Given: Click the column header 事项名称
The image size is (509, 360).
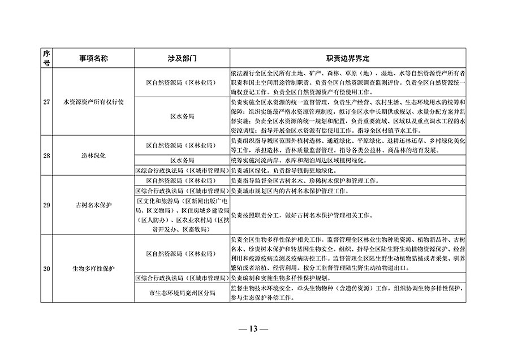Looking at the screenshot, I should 93,58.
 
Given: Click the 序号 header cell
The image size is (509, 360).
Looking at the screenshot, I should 46,58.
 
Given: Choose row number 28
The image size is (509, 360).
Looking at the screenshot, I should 46,154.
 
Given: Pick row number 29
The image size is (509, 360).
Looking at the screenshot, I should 46,205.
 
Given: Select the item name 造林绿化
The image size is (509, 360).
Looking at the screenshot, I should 93,154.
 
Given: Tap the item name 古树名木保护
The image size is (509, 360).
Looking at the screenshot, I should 93,205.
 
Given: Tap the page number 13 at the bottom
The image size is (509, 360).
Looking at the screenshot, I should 254,329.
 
